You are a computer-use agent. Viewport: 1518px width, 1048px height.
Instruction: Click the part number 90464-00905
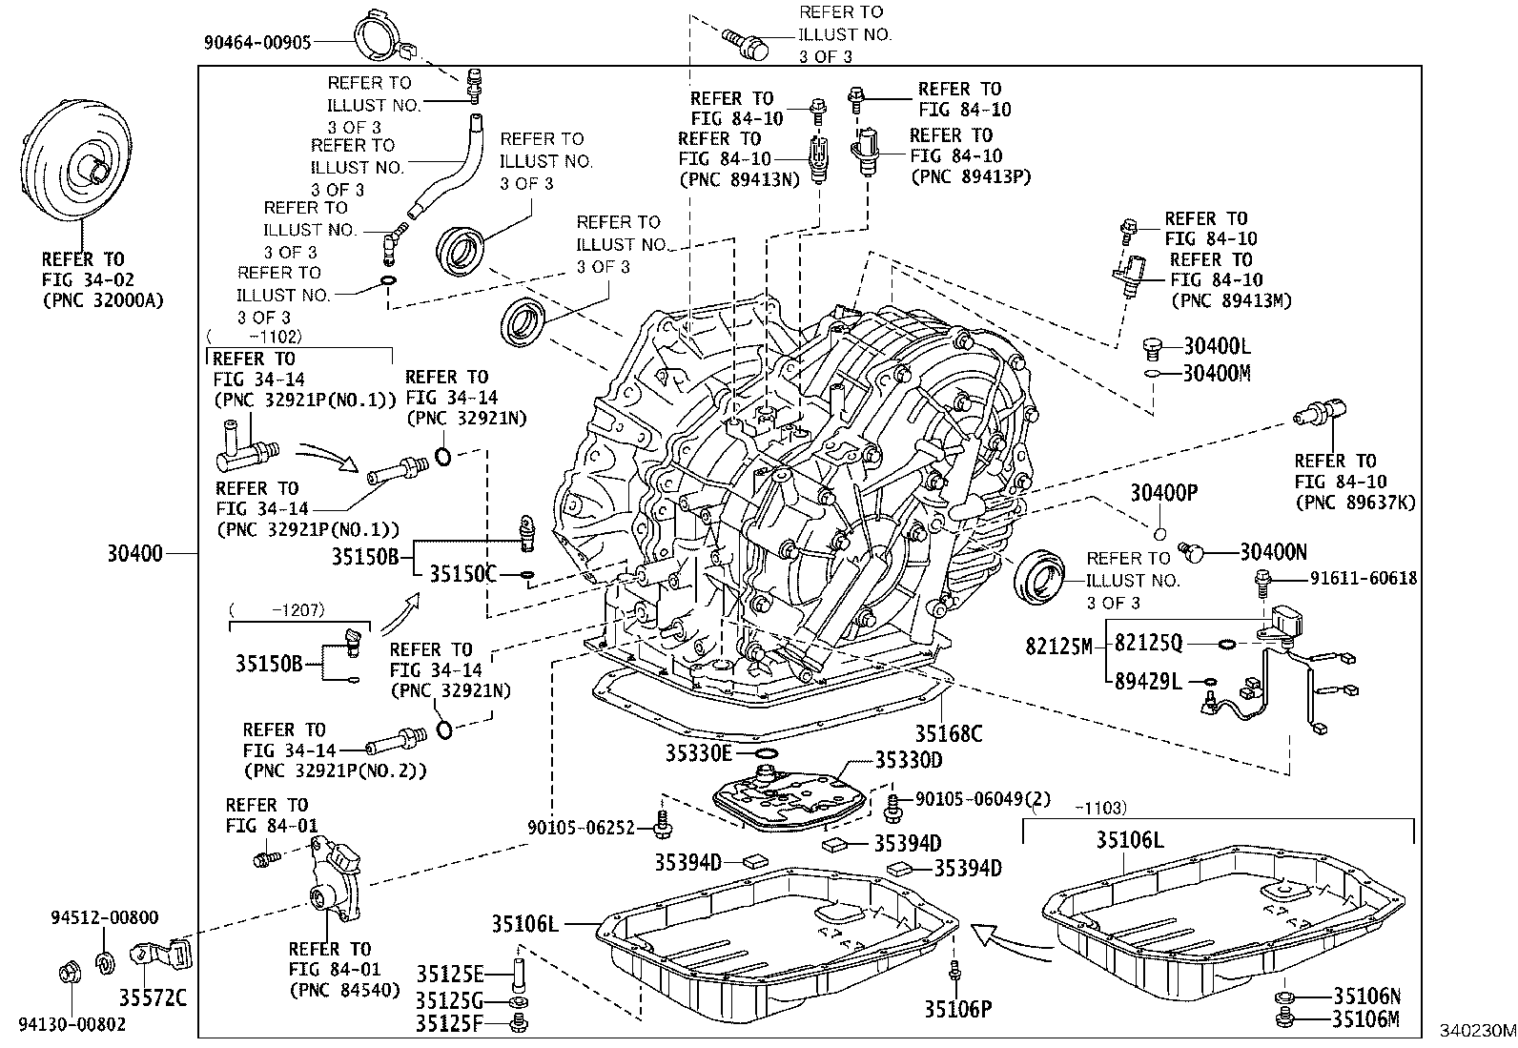[258, 42]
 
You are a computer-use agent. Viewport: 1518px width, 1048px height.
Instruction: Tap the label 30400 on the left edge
[135, 552]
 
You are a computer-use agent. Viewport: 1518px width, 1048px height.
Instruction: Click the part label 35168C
[949, 733]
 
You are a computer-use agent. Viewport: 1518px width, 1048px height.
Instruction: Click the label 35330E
[698, 753]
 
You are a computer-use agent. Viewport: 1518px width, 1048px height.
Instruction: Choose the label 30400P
[1163, 492]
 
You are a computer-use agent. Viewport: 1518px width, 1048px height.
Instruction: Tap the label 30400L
[1217, 346]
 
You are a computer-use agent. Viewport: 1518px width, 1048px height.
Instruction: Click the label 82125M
[1058, 646]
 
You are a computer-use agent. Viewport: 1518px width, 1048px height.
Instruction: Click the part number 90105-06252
[581, 828]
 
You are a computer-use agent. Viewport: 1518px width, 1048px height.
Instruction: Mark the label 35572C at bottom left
[152, 999]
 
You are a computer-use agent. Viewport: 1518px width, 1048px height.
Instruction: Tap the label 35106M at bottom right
[1366, 1019]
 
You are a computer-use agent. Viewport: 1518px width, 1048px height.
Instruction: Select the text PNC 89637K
[1355, 502]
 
